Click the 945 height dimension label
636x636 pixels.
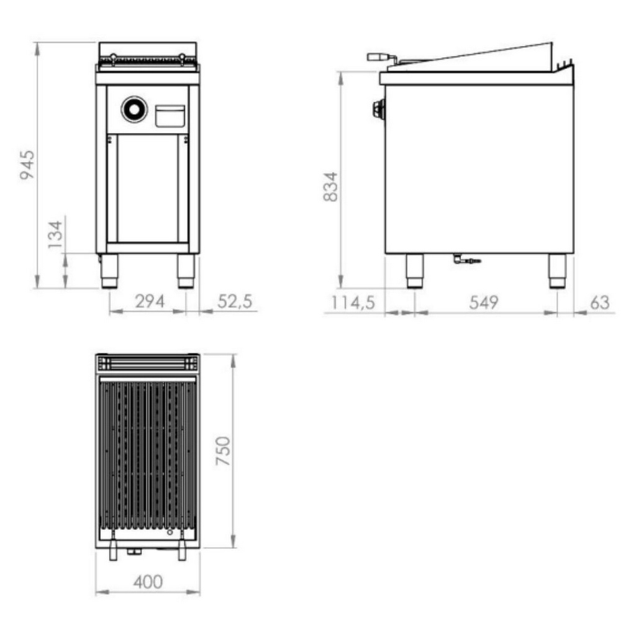tap(27, 165)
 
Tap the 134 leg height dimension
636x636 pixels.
tap(55, 235)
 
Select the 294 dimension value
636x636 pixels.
tap(150, 301)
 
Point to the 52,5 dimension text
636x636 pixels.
tap(235, 301)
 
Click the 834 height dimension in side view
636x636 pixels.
tap(331, 186)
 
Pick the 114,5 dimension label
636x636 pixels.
tap(353, 303)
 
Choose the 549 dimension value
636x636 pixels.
tap(483, 303)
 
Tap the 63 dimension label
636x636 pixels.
tap(599, 302)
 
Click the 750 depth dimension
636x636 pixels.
tap(223, 451)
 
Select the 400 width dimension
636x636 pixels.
tap(148, 582)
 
